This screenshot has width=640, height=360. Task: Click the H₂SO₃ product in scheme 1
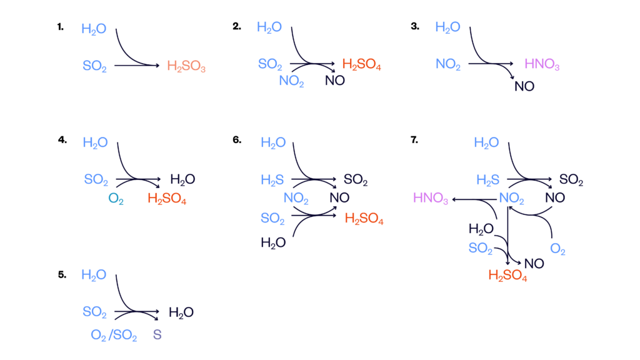point(186,66)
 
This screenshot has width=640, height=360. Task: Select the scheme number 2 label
point(237,26)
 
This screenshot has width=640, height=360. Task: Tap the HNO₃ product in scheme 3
point(542,64)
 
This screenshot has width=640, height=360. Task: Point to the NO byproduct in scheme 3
point(524,86)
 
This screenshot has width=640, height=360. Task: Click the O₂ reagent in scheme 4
point(116,199)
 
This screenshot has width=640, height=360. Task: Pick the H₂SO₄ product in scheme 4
point(167,199)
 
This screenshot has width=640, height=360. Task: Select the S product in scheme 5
point(157,335)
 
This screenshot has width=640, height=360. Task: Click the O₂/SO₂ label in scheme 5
point(114,335)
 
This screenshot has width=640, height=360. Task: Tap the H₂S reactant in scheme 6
point(272,180)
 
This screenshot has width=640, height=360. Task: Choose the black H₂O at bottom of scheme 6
point(273,243)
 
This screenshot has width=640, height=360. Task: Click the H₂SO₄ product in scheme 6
point(364,219)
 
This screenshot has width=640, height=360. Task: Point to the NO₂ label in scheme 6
point(296,198)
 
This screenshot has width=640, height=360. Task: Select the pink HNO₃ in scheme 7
point(431,198)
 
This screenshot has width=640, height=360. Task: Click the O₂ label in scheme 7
point(557,249)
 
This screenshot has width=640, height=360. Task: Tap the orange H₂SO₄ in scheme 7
point(507,276)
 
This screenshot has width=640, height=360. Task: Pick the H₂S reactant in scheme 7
point(487,180)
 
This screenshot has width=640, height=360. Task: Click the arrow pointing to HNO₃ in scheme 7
point(475,199)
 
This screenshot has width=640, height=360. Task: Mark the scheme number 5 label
point(62,275)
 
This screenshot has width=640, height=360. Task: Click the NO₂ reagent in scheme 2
point(291,81)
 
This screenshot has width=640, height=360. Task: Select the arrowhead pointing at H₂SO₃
point(157,65)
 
